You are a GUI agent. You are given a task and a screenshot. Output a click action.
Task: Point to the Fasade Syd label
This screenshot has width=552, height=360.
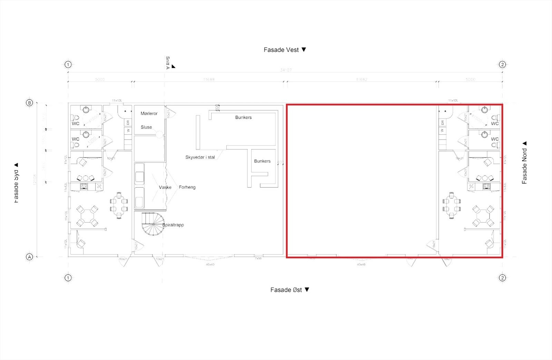click(16, 183)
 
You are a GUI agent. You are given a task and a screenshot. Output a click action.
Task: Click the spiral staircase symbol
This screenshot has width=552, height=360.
click(153, 224)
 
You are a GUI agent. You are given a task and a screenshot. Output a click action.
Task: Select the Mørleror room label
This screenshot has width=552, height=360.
click(149, 113)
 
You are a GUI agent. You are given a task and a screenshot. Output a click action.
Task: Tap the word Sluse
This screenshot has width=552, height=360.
click(146, 127)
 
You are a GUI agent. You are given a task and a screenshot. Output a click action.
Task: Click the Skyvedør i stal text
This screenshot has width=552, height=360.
click(200, 157)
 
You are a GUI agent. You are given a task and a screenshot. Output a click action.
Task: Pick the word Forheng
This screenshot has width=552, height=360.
click(187, 187)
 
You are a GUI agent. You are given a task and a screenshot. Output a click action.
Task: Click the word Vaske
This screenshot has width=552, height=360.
click(165, 187)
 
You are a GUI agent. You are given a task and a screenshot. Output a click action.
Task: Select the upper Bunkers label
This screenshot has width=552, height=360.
click(243, 118)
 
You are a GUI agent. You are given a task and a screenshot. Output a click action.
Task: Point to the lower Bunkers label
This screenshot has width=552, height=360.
click(262, 161)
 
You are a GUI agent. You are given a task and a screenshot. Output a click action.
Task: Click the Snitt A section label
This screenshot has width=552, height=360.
click(168, 63)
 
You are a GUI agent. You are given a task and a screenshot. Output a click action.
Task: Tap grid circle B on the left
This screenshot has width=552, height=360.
click(29, 103)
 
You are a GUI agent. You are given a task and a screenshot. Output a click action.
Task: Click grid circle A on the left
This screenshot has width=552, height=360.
click(29, 257)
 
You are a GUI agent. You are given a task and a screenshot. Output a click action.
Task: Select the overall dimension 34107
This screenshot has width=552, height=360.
click(286, 70)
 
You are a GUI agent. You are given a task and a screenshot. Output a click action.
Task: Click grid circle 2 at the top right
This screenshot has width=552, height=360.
click(502, 64)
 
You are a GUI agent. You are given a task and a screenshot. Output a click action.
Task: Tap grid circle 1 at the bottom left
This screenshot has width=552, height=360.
click(68, 278)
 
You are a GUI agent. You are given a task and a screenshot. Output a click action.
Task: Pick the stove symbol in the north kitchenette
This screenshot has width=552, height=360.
click(486, 187)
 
